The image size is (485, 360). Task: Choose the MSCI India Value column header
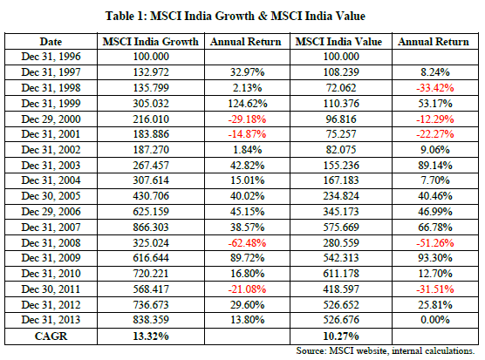point(338,42)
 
